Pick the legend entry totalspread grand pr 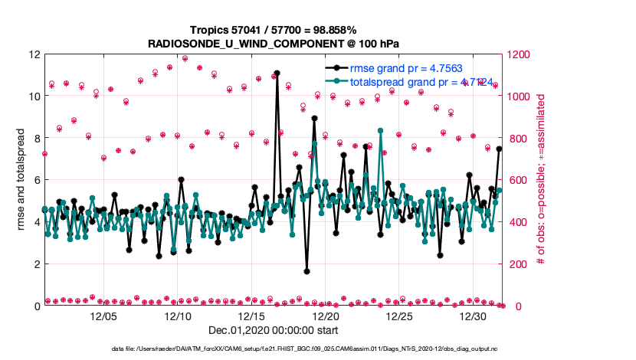pyautogui.click(x=410, y=82)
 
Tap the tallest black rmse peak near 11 pyautogui.click(x=277, y=73)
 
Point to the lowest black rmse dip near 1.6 pyautogui.click(x=307, y=271)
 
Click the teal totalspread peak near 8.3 pyautogui.click(x=381, y=131)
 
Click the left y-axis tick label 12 pyautogui.click(x=34, y=54)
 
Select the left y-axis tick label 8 pyautogui.click(x=37, y=139)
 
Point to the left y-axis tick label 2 pyautogui.click(x=37, y=264)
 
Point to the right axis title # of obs pyautogui.click(x=541, y=180)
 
